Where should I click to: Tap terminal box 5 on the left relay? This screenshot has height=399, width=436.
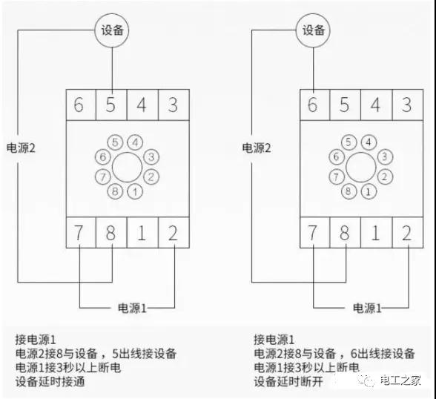111,105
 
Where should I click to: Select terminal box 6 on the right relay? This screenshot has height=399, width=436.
314,105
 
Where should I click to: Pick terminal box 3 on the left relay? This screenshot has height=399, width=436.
174,105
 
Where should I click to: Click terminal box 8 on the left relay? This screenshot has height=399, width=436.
111,232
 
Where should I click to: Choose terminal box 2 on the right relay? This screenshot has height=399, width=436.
408,232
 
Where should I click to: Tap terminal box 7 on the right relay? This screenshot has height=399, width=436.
314,232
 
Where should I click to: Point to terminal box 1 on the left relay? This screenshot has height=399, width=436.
142,232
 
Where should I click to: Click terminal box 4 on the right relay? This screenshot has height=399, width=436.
376,105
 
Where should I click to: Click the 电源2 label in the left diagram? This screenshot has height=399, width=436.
21,148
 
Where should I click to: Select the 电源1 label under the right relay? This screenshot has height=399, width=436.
367,308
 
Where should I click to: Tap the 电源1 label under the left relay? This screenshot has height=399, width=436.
132,308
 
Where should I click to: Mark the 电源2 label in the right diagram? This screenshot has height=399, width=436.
257,148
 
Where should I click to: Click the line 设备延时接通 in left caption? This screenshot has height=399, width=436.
50,381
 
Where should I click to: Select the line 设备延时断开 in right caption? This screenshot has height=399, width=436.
288,381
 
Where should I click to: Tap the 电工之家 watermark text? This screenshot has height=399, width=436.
400,380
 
